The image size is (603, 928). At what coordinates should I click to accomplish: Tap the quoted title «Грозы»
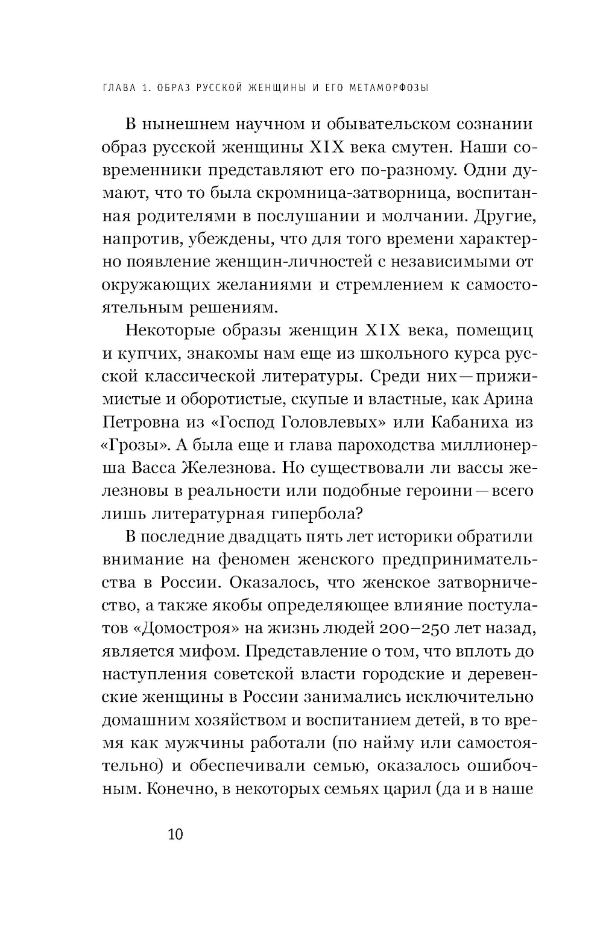tap(131, 445)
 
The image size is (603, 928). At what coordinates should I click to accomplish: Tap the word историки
tap(417, 537)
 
